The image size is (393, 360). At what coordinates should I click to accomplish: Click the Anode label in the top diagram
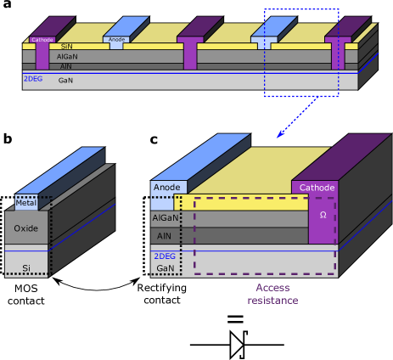(116, 39)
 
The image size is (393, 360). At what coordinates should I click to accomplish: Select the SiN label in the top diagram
(66, 47)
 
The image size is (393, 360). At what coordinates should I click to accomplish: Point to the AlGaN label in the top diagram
(67, 56)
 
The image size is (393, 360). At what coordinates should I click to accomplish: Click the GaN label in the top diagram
(65, 80)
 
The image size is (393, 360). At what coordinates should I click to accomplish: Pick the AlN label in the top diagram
(66, 65)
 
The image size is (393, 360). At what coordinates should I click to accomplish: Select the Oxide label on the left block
(26, 228)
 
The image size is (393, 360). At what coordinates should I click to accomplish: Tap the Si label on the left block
(26, 267)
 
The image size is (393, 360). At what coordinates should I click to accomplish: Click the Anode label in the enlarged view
(167, 188)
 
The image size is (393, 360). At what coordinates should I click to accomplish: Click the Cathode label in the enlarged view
(317, 187)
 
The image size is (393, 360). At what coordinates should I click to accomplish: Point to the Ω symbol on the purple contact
(323, 215)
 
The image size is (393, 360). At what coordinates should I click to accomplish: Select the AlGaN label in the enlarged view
(166, 217)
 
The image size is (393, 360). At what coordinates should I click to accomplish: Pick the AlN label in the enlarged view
(165, 235)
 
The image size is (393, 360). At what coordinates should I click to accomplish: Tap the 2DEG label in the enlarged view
(165, 256)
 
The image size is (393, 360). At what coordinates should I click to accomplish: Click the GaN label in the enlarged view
(165, 267)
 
